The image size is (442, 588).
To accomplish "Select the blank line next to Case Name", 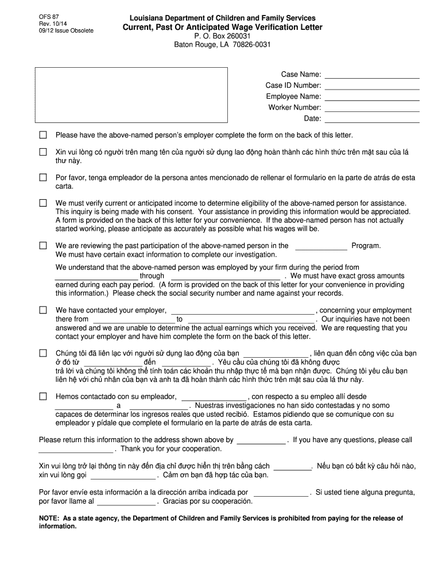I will pyautogui.click(x=372, y=75).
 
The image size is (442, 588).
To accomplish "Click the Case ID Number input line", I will pyautogui.click(x=372, y=86).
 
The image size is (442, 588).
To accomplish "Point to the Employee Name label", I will pyautogui.click(x=293, y=96).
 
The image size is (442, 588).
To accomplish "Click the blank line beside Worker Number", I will pyautogui.click(x=372, y=107).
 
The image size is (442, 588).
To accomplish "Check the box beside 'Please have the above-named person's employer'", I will pyautogui.click(x=42, y=136).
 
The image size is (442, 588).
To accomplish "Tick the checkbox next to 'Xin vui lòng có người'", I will pyautogui.click(x=42, y=152).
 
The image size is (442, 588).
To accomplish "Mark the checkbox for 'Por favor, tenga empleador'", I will pyautogui.click(x=42, y=178).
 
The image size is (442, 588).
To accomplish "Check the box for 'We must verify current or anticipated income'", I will pyautogui.click(x=42, y=203).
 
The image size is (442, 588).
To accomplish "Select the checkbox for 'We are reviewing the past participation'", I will pyautogui.click(x=42, y=246).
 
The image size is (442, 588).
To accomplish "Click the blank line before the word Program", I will pyautogui.click(x=321, y=246).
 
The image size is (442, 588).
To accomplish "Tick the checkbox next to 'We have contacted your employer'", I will pyautogui.click(x=42, y=311).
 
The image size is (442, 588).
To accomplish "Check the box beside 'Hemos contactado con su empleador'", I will pyautogui.click(x=42, y=397).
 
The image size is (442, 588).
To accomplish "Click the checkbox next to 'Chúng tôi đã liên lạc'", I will pyautogui.click(x=42, y=353).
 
